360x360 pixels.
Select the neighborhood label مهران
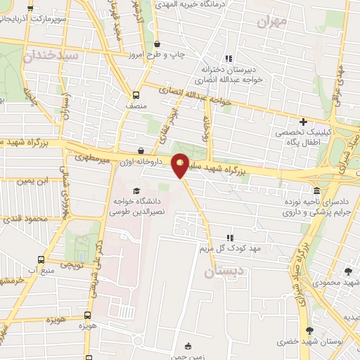click(272, 22)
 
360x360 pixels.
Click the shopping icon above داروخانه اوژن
click(141, 150)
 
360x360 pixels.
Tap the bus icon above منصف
click(135, 94)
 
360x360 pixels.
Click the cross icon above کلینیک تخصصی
click(303, 121)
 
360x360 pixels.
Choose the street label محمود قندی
click(24, 219)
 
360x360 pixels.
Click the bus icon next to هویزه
click(88, 316)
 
